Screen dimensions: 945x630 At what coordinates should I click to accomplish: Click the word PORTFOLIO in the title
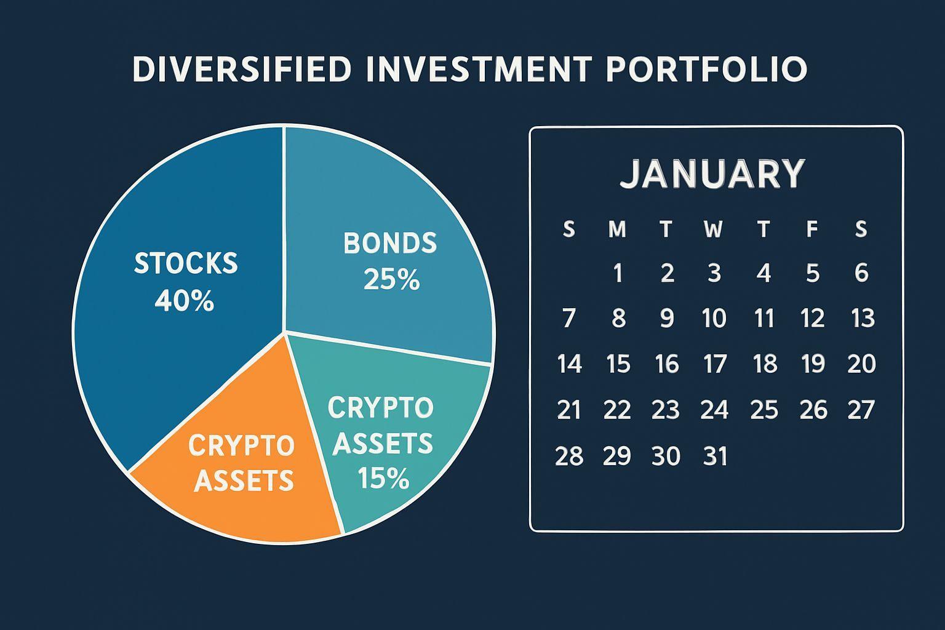[707, 68]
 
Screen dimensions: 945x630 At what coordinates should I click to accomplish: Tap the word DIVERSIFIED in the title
[242, 68]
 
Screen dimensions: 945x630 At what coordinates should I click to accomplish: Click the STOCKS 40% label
[186, 281]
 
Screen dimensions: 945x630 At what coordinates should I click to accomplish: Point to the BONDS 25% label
[390, 261]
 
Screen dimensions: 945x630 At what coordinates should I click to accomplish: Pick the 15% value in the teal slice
[383, 477]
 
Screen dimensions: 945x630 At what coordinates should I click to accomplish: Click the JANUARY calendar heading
[712, 174]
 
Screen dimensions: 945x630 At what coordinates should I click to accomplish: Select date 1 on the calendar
[618, 273]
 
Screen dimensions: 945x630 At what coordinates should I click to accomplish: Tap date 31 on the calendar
[716, 456]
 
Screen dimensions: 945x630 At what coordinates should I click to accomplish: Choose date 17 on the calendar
[715, 364]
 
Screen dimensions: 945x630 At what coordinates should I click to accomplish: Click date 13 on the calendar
[863, 317]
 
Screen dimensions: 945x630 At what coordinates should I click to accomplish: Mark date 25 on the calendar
[764, 409]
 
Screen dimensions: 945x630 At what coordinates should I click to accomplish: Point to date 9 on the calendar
[667, 317]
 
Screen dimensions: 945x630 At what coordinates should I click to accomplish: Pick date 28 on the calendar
[569, 456]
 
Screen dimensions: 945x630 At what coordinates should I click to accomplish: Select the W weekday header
[714, 229]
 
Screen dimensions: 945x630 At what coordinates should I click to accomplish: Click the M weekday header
[617, 229]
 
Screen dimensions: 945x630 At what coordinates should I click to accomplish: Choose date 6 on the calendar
[861, 273]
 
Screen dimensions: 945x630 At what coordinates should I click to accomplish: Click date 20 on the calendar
[862, 364]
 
